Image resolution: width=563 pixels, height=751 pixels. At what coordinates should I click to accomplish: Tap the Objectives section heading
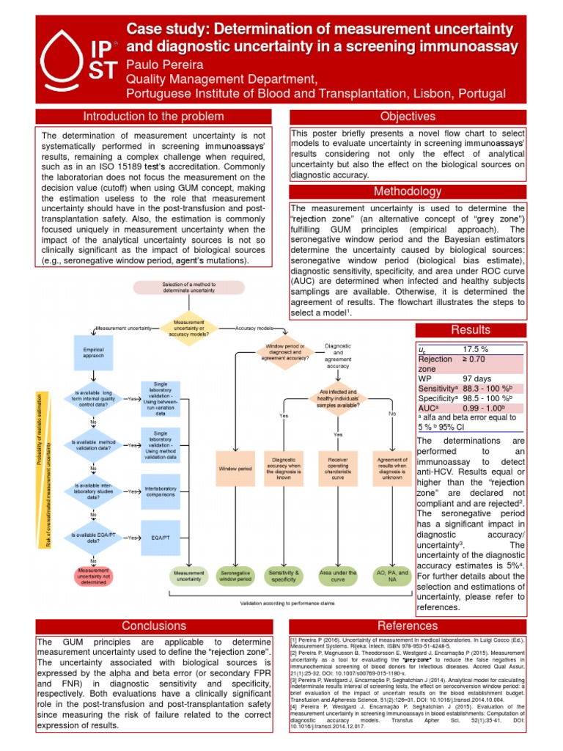[408, 117]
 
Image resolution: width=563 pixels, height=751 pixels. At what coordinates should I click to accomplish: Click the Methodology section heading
[408, 191]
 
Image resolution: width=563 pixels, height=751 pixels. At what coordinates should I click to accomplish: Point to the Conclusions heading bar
[154, 626]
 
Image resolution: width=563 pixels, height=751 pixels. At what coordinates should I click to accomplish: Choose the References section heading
[408, 626]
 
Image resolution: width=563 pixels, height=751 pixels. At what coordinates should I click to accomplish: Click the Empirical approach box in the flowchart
[93, 353]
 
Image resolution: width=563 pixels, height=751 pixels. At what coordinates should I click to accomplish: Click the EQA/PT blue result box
[161, 538]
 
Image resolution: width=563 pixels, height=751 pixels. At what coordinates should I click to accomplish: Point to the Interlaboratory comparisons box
[161, 491]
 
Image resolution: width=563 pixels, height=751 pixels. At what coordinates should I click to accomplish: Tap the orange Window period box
[235, 468]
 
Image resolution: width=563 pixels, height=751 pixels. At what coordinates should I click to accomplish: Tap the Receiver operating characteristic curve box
[338, 468]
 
